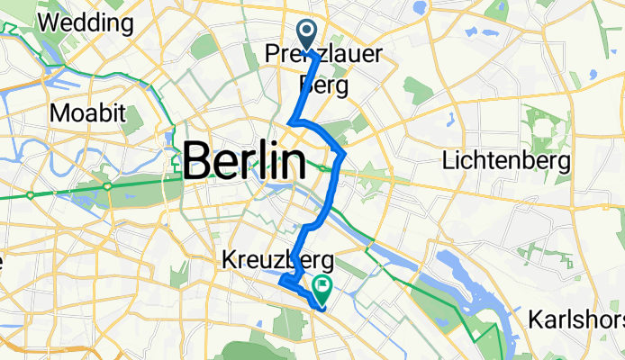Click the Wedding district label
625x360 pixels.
pos(75,21)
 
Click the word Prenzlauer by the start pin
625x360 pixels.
pos(320,56)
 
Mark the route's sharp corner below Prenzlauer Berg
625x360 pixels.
pos(290,122)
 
